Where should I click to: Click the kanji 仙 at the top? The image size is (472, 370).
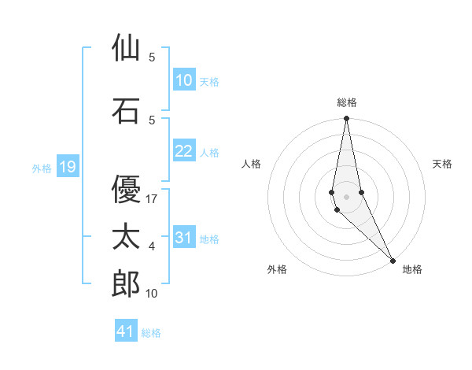pos(126,48)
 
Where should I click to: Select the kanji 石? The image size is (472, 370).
pos(126,111)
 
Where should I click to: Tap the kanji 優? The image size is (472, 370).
pos(126,188)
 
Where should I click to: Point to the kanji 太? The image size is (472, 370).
pos(126,237)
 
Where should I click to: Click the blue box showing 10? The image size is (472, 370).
pos(183,80)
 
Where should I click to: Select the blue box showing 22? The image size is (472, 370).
pos(183,152)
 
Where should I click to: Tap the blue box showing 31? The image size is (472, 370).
pos(183,239)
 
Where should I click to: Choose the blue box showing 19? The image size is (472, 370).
pos(67,167)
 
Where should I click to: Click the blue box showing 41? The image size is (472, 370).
pos(126,331)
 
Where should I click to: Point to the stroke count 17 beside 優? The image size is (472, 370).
pos(152,199)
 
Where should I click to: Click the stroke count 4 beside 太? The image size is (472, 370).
pos(152,247)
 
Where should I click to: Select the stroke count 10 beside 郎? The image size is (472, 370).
pos(152,294)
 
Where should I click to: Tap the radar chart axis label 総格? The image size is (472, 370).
pos(346,102)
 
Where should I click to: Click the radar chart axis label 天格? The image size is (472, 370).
pos(442,164)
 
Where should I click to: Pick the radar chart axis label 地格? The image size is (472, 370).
pos(412,269)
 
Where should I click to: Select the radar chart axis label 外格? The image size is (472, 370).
pos(277,269)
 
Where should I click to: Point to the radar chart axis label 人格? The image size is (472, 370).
pos(251,164)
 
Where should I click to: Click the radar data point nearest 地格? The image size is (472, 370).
pos(393,260)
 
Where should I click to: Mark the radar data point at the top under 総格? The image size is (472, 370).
pos(346,119)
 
